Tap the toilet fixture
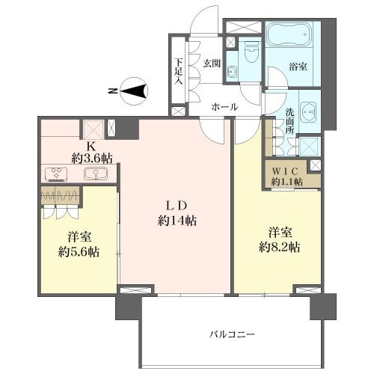click(251, 52)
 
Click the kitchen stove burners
click(56, 174)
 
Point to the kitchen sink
click(96, 173)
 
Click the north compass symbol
click(134, 91)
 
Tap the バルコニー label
click(232, 334)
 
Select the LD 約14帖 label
click(177, 213)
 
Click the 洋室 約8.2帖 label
click(280, 240)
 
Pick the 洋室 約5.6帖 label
click(79, 245)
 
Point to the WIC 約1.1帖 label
click(286, 177)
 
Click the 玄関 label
click(212, 64)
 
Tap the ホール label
click(224, 107)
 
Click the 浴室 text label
click(298, 67)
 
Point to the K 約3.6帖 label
click(91, 153)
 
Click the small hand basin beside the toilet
click(233, 72)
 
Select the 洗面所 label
click(289, 121)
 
